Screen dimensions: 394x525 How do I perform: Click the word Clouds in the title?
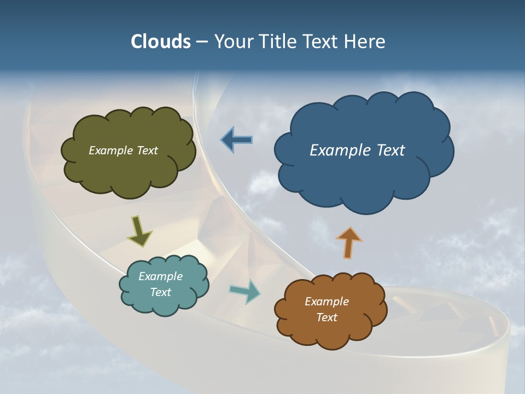[160, 42]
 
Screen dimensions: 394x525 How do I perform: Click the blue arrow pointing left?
[237, 140]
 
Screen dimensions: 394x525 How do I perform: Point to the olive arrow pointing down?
[140, 231]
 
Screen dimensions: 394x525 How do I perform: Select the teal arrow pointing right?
[244, 291]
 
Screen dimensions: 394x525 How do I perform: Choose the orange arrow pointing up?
[348, 242]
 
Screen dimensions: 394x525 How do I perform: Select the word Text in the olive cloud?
[147, 150]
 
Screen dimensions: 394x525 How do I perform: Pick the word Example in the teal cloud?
[160, 276]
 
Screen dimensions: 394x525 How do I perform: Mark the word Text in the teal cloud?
[160, 292]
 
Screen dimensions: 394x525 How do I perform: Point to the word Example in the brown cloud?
[326, 302]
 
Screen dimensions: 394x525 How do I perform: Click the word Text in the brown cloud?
[326, 317]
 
